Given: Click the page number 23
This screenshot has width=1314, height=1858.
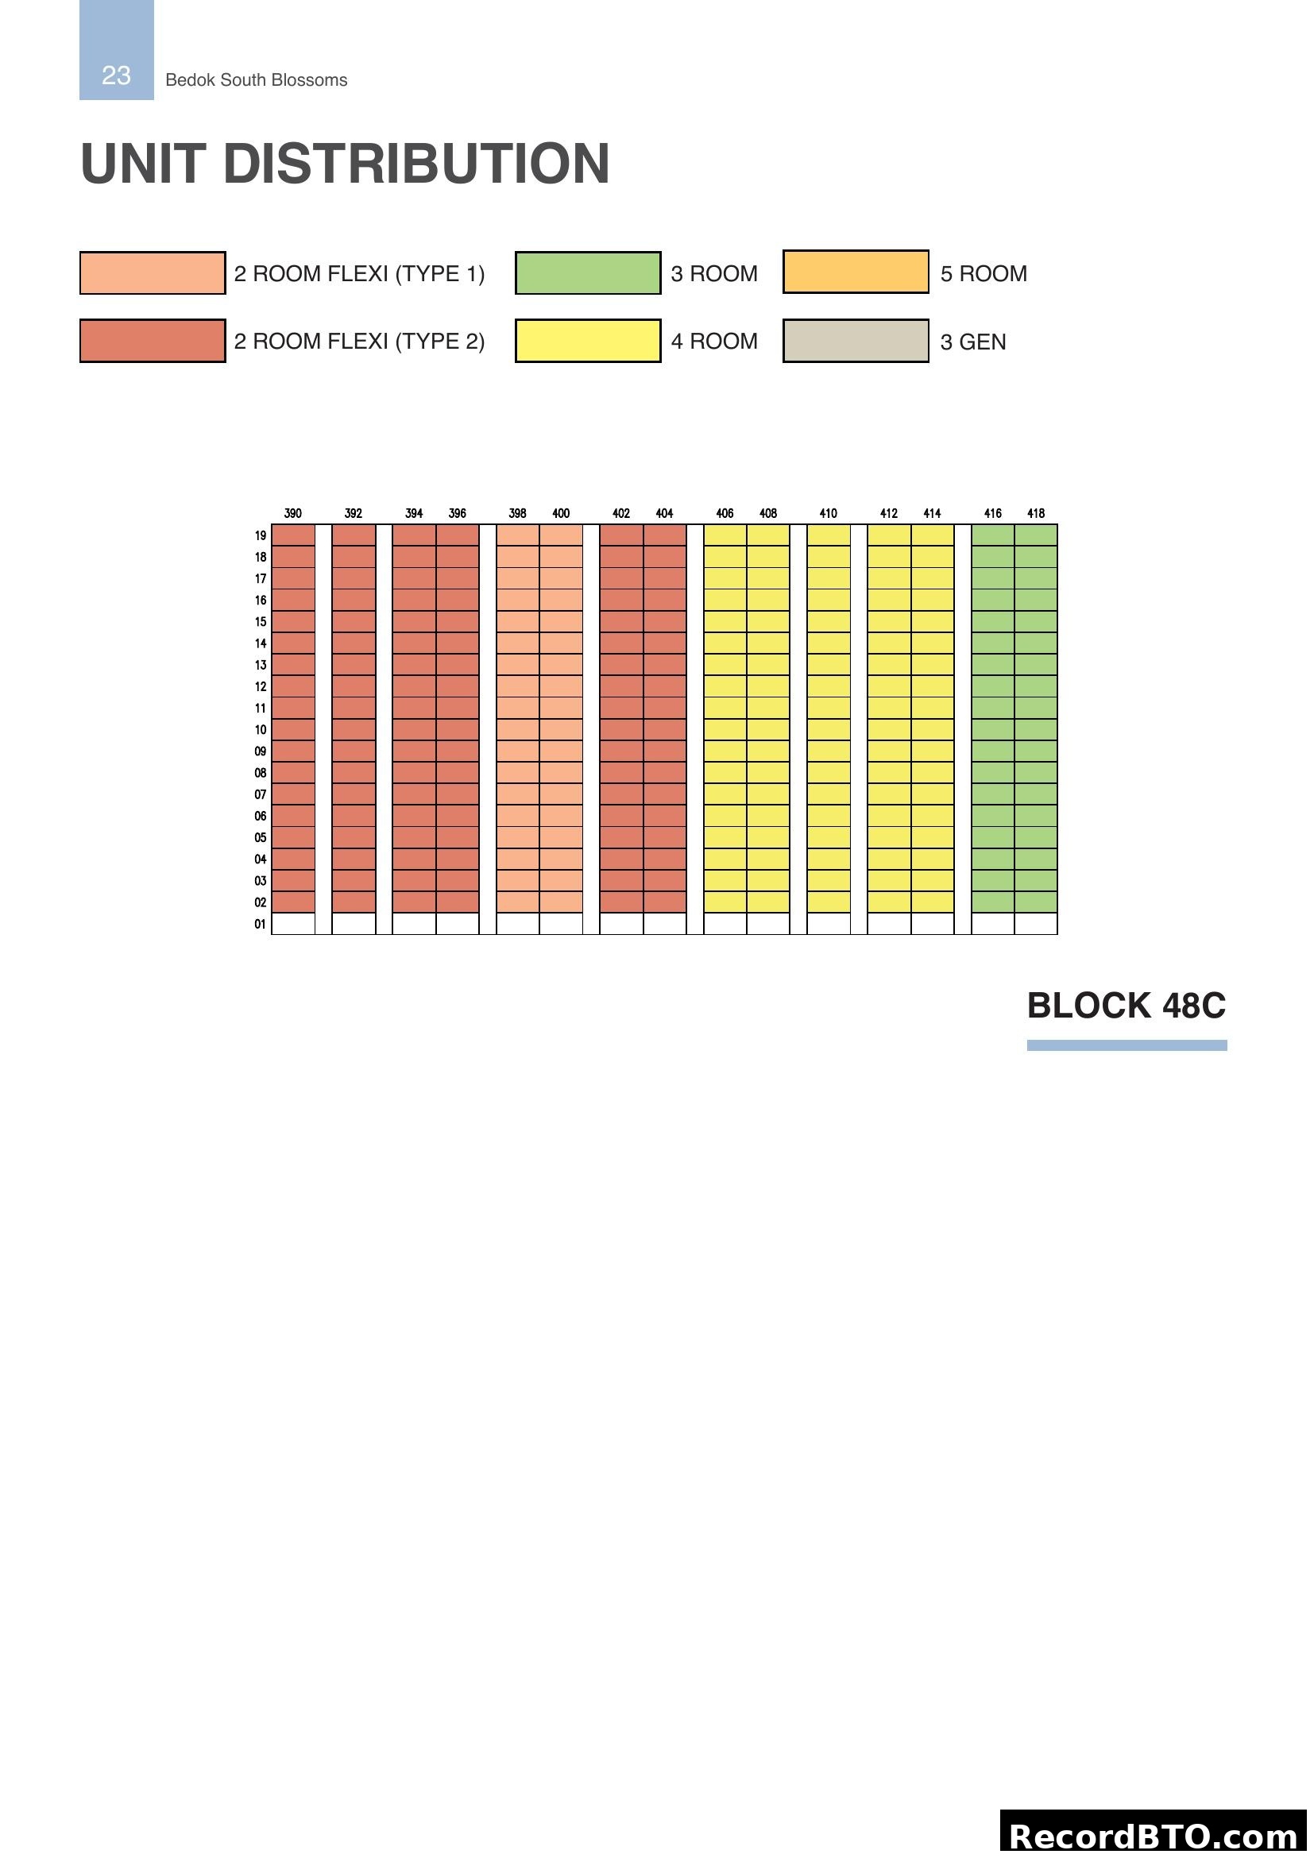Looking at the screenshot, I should (116, 75).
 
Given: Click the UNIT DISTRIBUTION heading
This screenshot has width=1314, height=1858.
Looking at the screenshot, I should (345, 164).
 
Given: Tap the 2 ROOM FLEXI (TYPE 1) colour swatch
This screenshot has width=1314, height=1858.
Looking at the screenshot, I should (152, 272).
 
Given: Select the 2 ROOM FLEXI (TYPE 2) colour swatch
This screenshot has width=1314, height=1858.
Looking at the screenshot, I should (152, 341).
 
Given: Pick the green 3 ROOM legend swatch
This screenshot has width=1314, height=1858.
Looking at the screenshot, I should (587, 272).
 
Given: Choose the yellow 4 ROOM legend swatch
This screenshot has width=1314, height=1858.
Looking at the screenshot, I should (587, 341).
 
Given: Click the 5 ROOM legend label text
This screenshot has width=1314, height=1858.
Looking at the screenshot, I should (983, 273).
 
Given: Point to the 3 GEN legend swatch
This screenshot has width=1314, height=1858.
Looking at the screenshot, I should (856, 341).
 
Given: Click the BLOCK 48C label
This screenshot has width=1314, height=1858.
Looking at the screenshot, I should (1126, 1006).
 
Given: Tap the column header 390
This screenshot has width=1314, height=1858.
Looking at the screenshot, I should (293, 513).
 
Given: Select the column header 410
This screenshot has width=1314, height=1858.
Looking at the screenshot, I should (828, 513).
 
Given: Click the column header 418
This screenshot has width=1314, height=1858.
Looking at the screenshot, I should (1036, 513).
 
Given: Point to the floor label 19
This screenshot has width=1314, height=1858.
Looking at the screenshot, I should (261, 535).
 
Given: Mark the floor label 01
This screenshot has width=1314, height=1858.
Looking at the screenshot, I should (261, 924).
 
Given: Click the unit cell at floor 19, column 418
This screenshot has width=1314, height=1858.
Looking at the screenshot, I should (1036, 535).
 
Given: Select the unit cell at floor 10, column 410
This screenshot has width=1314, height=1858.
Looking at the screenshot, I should (829, 729).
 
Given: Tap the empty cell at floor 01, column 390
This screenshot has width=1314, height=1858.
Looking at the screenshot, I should (293, 923).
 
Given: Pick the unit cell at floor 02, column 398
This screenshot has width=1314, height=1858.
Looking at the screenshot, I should (518, 902).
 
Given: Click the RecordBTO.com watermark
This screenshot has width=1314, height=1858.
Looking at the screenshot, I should (1154, 1836).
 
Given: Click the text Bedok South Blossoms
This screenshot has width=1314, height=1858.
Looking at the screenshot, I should (256, 80).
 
